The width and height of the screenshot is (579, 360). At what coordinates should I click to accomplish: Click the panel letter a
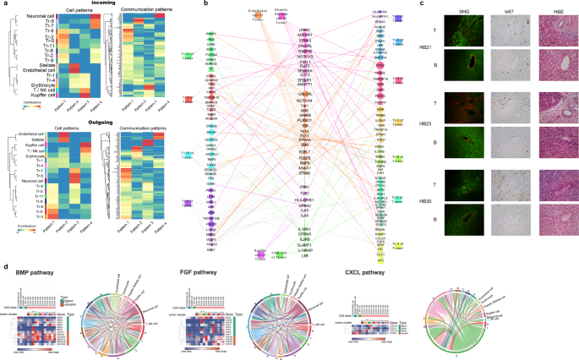click(x=4, y=4)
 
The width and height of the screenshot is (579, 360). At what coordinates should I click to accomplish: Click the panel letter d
click(x=4, y=267)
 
